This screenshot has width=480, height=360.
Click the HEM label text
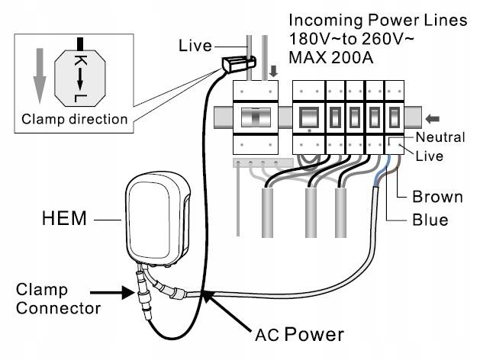pyautogui.click(x=66, y=221)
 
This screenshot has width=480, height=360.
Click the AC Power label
pyautogui.click(x=299, y=333)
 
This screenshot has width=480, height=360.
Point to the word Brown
pyautogui.click(x=437, y=197)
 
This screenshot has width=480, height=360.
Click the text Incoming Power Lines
pyautogui.click(x=377, y=21)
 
